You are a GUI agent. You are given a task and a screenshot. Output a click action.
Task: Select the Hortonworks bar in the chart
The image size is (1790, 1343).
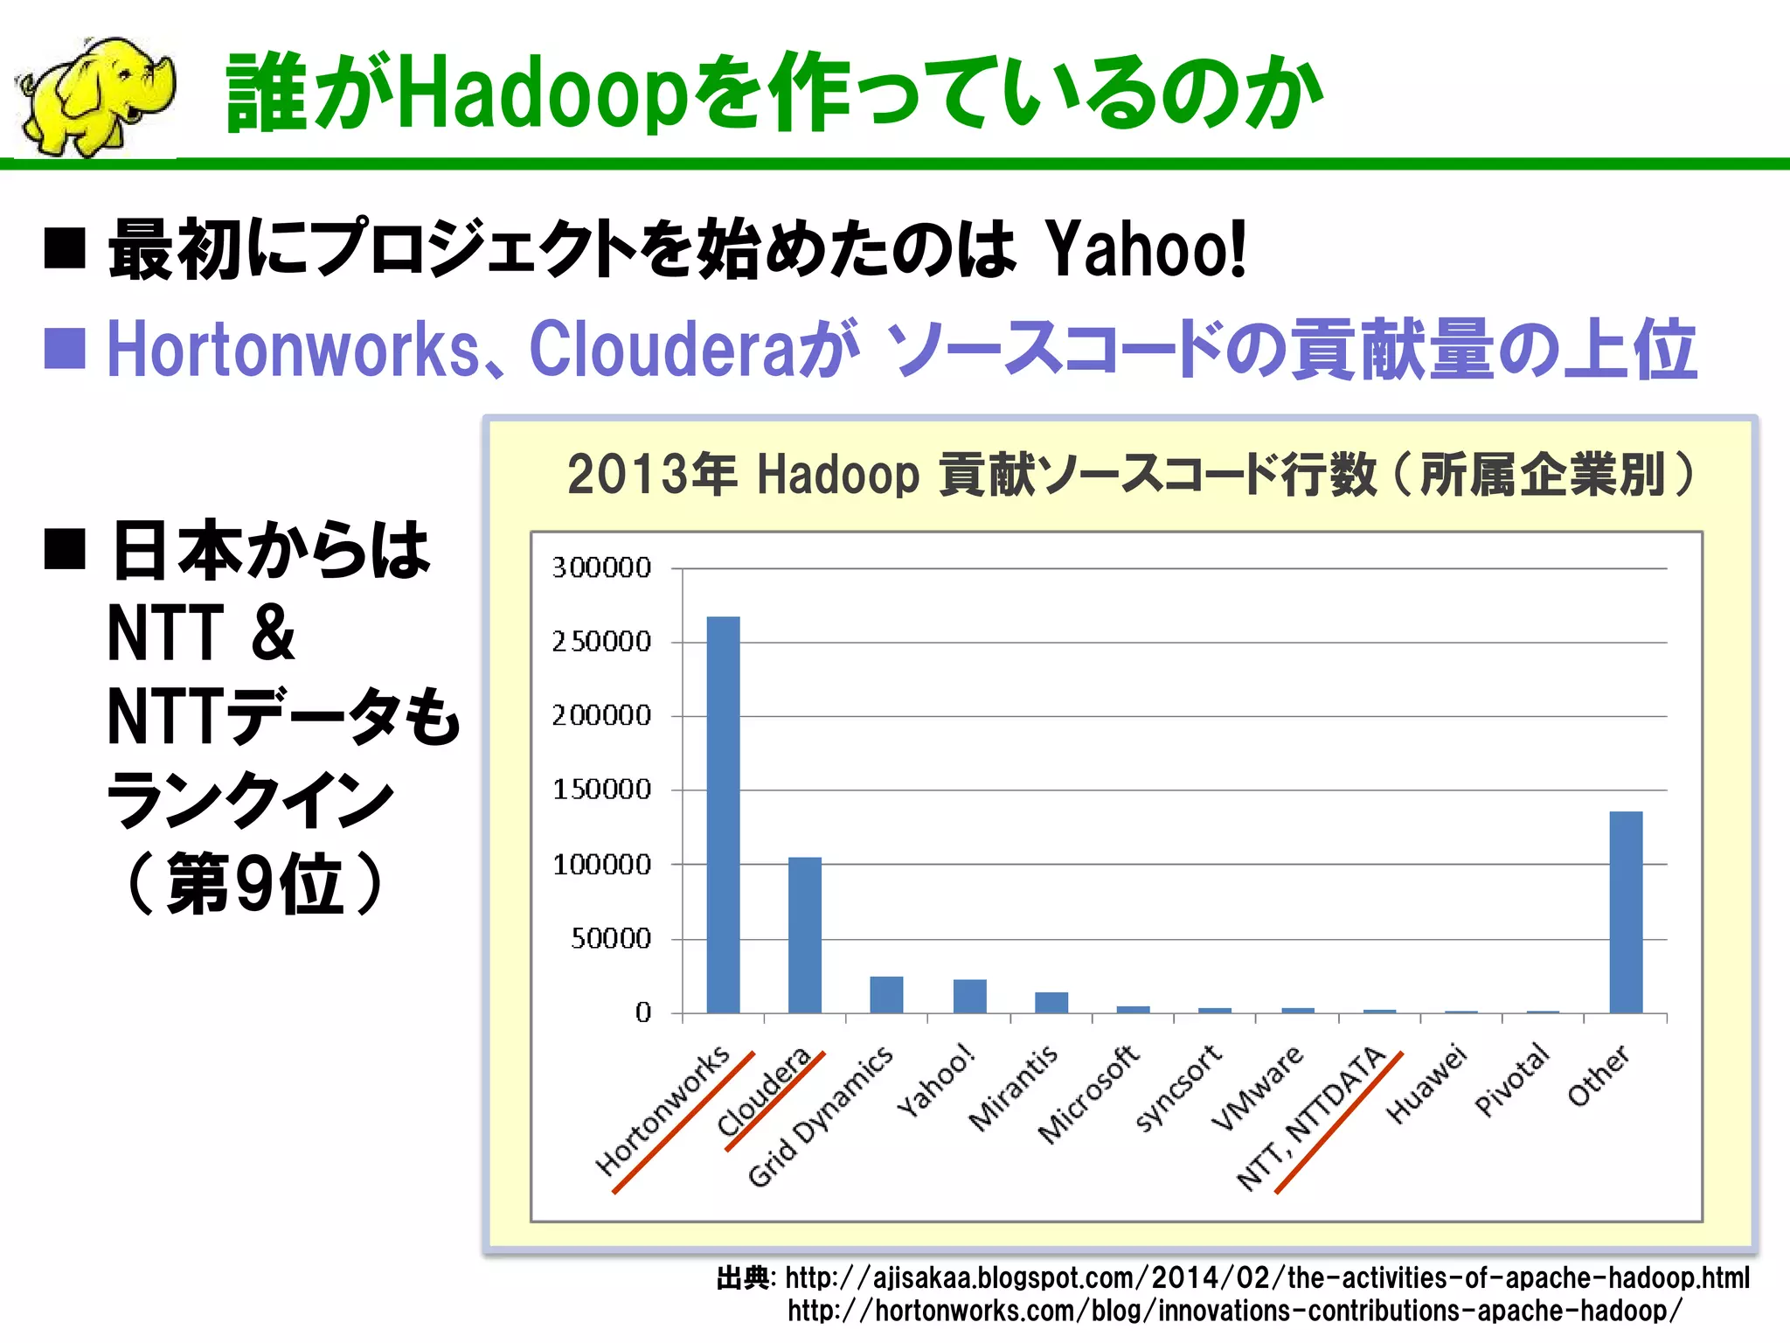tap(723, 813)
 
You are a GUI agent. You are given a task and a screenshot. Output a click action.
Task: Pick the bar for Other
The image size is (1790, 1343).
tap(1626, 911)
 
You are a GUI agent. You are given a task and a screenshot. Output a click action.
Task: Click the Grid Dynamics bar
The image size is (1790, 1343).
tap(886, 994)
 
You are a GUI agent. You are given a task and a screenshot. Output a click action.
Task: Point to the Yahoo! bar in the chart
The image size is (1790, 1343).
tap(969, 996)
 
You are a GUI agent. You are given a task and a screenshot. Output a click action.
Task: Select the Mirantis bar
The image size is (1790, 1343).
tap(1051, 1002)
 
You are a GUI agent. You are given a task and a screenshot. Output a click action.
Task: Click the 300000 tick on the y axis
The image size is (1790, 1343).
tap(601, 568)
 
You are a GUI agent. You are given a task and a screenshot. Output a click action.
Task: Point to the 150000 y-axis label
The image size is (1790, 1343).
tap(601, 790)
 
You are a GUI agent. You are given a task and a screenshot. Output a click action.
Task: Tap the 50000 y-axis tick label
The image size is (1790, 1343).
tap(610, 939)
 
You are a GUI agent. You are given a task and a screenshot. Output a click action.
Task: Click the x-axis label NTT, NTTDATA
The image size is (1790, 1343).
tap(1311, 1117)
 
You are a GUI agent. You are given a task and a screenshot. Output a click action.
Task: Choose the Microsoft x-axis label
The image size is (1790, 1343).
tap(1089, 1095)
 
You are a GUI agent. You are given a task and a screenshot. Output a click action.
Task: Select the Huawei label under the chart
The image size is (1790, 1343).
tap(1426, 1084)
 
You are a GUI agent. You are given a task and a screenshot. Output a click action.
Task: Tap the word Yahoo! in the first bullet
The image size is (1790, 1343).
tap(1146, 250)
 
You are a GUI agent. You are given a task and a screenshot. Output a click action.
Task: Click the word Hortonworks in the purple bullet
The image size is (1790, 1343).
tap(293, 350)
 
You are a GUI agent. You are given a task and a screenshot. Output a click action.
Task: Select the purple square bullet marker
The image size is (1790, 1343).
tap(65, 349)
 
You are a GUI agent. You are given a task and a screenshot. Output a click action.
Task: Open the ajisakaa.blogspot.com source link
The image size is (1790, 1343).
tap(1266, 1278)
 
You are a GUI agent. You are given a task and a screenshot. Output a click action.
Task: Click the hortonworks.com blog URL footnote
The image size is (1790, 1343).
tap(1234, 1311)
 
